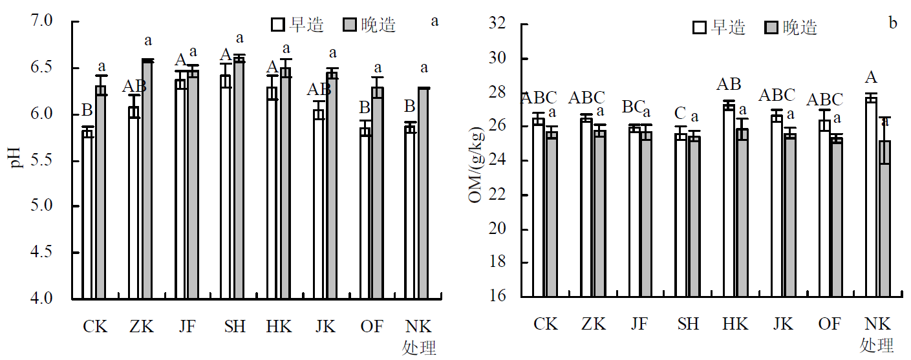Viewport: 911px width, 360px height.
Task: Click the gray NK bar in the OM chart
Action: point(884,219)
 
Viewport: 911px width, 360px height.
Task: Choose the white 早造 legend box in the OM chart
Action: point(700,27)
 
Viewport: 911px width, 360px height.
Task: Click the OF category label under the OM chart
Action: point(830,324)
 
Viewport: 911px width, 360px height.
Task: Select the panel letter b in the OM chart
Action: point(893,24)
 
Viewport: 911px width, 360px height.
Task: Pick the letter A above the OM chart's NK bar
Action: point(871,78)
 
